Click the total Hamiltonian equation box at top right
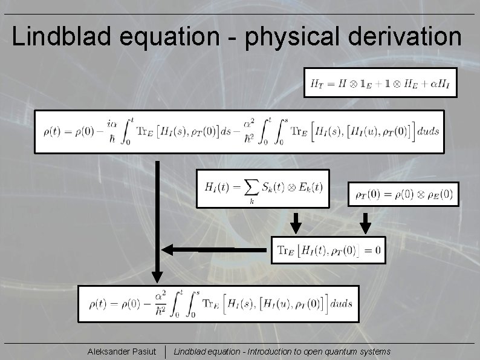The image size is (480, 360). click(380, 83)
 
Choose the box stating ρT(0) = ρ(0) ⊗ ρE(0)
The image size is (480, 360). click(403, 194)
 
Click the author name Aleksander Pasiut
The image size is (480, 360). click(122, 352)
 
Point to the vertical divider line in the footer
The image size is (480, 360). click(166, 352)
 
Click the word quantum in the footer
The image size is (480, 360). click(342, 352)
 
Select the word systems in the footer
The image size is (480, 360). click(376, 352)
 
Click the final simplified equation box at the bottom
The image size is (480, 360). click(218, 304)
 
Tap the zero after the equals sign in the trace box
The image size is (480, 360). click(377, 250)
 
